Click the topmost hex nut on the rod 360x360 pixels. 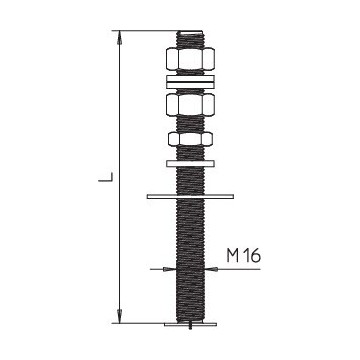tap(187, 60)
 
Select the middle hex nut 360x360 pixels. tap(187, 104)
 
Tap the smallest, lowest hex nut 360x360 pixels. tap(187, 138)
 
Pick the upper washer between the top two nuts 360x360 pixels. tap(187, 78)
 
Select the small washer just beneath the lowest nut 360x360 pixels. tap(187, 159)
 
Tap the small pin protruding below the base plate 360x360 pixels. tap(187, 329)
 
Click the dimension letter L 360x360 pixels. tap(103, 181)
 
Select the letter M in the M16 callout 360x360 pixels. tap(233, 256)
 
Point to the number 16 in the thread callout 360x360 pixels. tap(253, 256)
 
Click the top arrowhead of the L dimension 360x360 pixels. tap(121, 38)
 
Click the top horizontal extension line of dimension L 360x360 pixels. tap(145, 32)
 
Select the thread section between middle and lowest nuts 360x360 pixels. tap(187, 124)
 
